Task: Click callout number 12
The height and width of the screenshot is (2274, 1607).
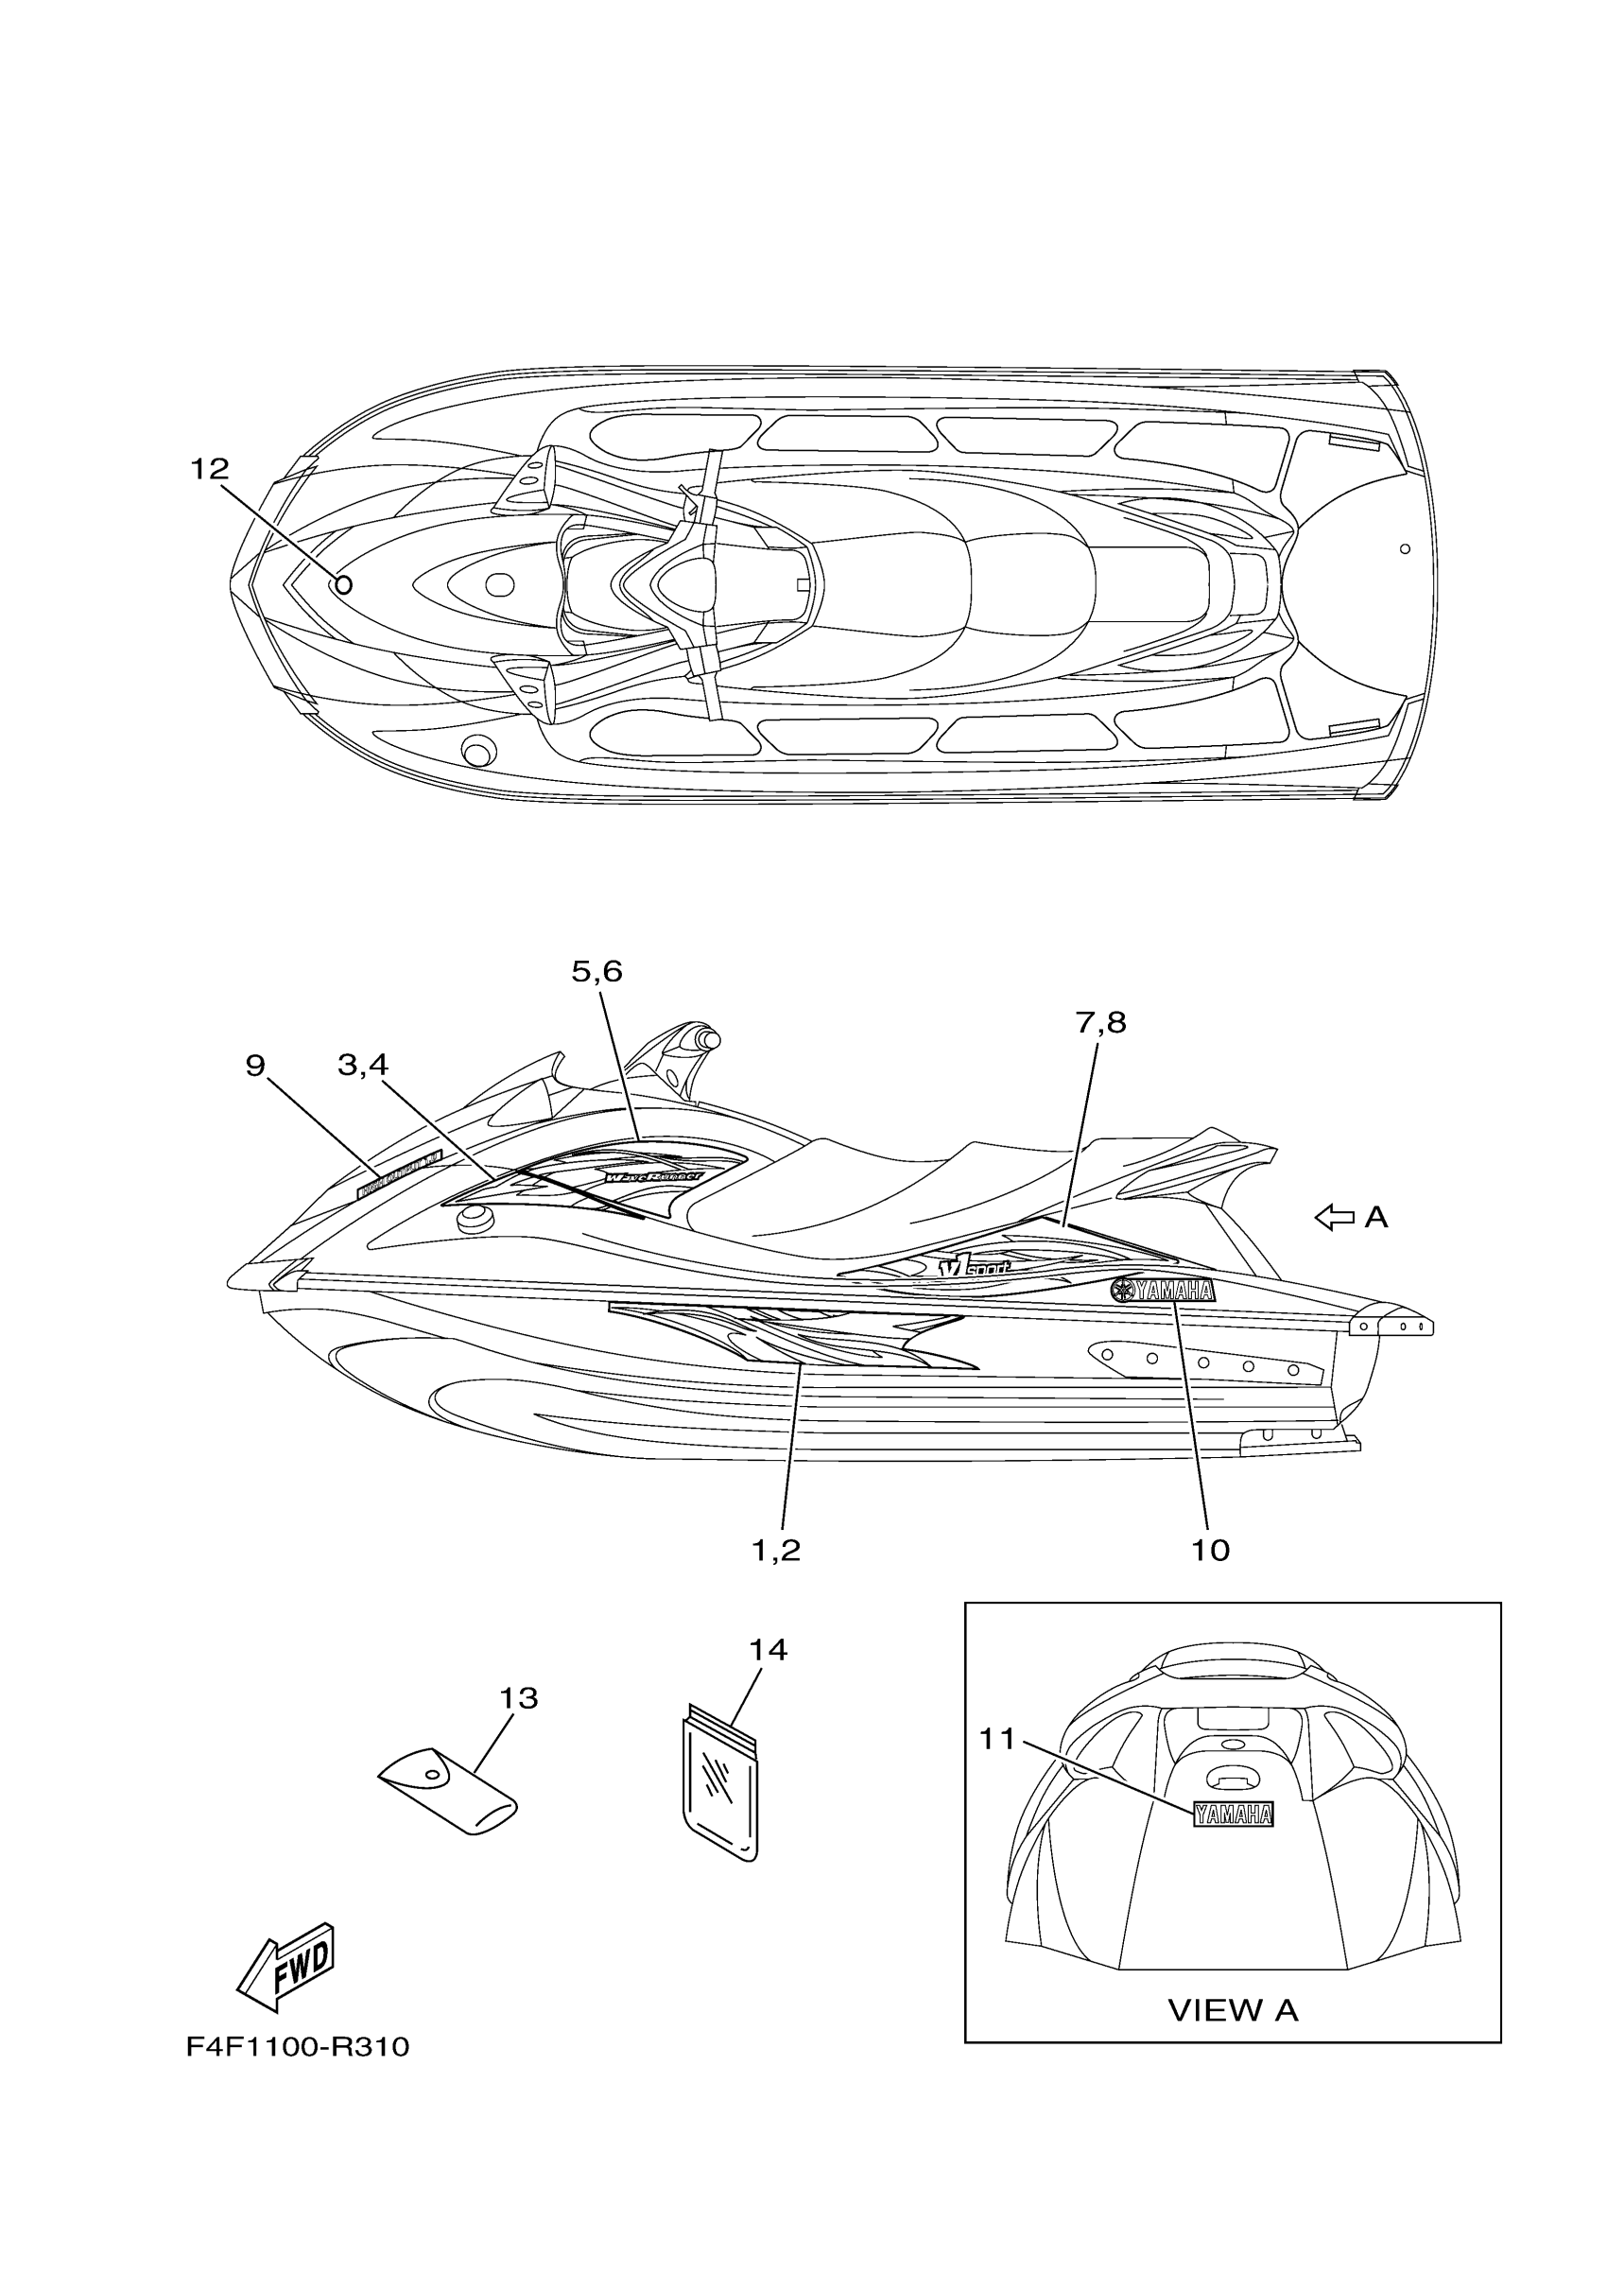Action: click(209, 470)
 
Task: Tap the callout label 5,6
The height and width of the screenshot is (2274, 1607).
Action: click(597, 972)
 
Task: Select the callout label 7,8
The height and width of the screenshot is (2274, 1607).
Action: click(1101, 1022)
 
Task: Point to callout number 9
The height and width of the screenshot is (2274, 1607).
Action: click(255, 1066)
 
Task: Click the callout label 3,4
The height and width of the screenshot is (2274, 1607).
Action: click(363, 1066)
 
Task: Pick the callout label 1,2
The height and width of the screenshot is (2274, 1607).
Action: click(776, 1550)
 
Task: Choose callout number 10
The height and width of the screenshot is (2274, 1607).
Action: click(1210, 1550)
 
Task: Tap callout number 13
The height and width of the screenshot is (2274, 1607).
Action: click(518, 1698)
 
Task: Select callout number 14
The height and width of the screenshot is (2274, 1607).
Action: click(768, 1650)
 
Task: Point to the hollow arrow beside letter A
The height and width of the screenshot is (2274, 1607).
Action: click(1334, 1217)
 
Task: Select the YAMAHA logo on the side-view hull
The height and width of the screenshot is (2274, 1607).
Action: click(1163, 1291)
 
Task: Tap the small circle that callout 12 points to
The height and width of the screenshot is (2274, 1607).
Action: click(342, 584)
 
